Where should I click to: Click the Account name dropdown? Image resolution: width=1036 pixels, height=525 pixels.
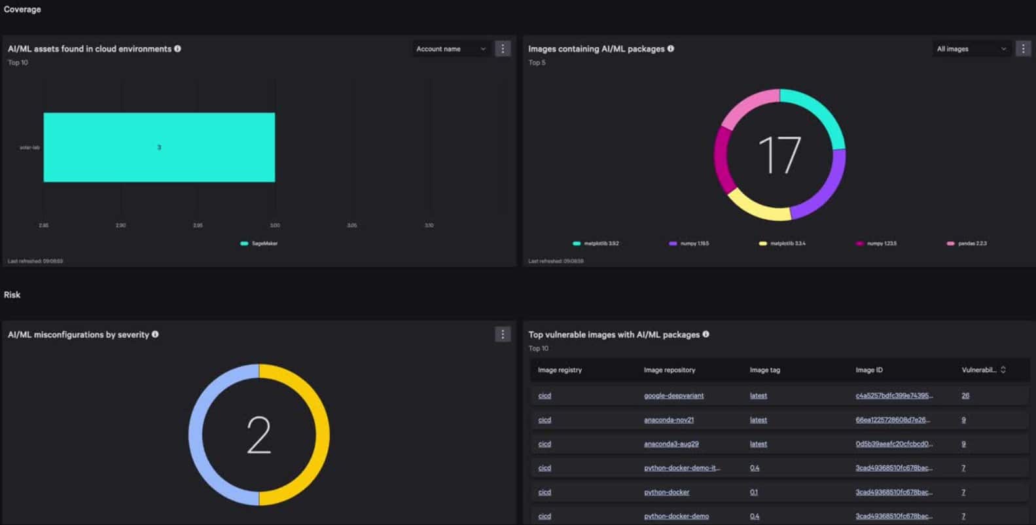451,49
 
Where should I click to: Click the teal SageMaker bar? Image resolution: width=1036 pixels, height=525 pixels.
159,147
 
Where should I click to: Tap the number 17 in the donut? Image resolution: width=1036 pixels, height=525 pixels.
779,155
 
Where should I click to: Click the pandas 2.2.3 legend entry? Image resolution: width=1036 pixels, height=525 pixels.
967,244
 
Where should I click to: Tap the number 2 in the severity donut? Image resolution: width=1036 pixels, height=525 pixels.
259,435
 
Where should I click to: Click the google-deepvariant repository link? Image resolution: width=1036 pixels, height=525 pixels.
673,396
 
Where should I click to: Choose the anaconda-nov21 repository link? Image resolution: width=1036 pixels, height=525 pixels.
668,420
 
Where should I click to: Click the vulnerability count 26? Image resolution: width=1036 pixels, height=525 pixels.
965,396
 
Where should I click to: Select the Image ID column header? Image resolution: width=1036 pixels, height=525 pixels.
868,371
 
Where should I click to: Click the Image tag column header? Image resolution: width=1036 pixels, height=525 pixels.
764,371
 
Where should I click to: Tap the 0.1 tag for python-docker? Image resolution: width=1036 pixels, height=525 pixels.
754,492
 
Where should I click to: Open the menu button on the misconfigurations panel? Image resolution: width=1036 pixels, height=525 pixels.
503,335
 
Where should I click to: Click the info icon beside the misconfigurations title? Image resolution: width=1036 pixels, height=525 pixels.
155,335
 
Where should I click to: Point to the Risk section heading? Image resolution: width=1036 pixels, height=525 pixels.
12,295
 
